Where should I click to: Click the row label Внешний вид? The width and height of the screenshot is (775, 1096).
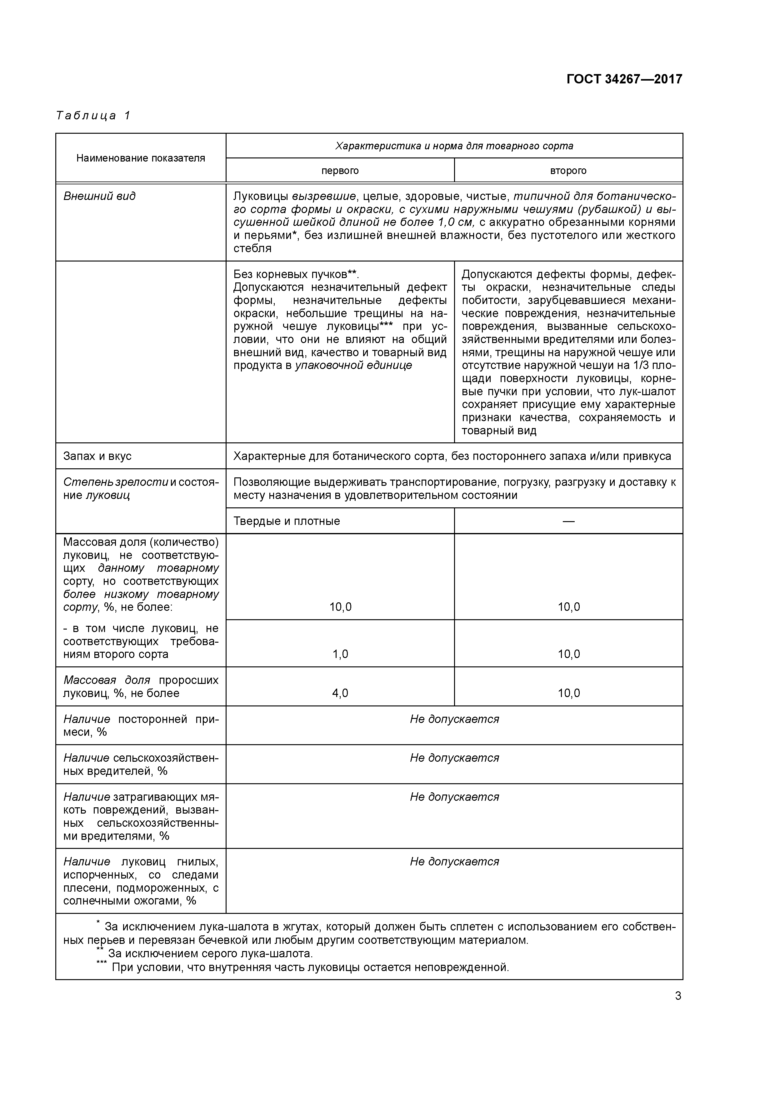pos(99,196)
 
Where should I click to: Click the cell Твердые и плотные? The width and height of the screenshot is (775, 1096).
pos(287,521)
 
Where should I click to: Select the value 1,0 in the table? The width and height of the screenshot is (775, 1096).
pos(340,654)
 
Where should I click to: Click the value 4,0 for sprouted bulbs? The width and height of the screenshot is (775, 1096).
pos(340,693)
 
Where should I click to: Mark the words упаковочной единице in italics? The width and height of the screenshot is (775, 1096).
pos(353,366)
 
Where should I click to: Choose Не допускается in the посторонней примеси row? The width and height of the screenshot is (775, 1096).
pos(454,720)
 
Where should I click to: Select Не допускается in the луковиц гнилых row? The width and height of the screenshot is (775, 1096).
pos(454,862)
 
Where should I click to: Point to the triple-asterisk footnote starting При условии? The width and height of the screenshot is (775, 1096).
pos(310,968)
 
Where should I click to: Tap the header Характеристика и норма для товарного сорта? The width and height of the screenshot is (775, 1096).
pos(454,146)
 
